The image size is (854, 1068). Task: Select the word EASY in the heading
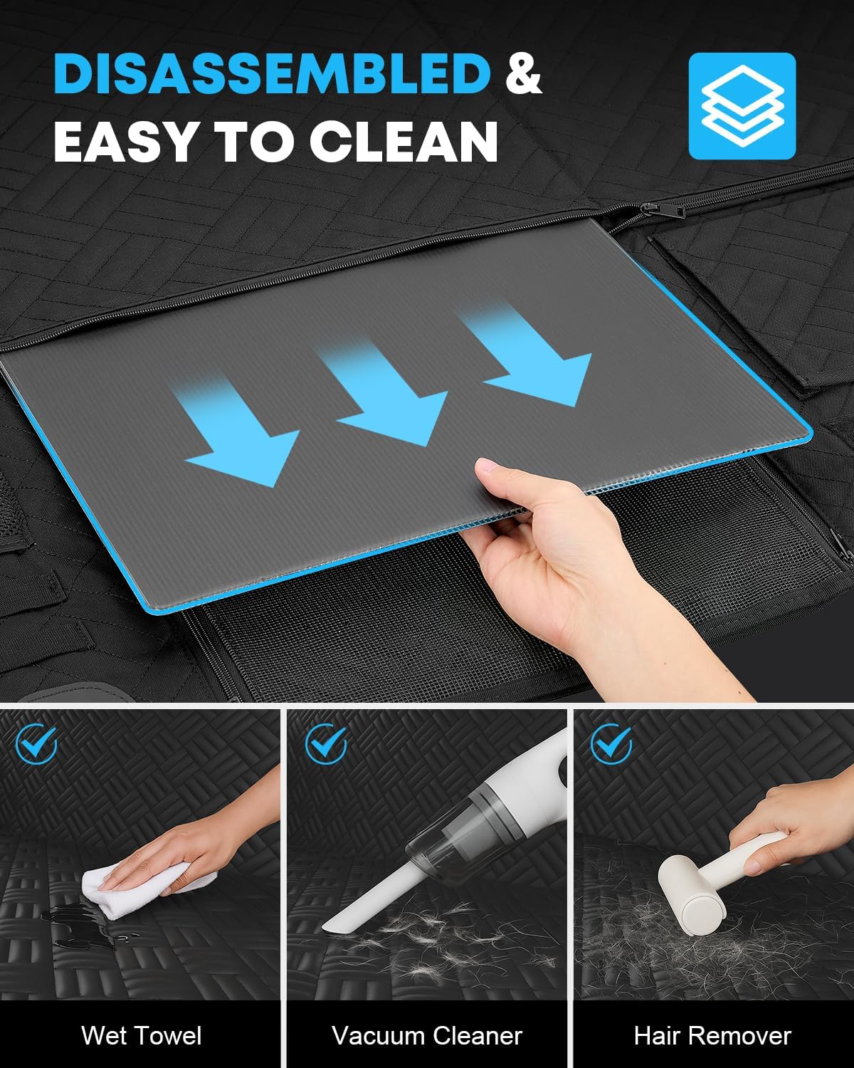pyautogui.click(x=124, y=142)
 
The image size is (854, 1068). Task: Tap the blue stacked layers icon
pyautogui.click(x=742, y=105)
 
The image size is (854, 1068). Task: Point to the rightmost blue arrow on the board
pyautogui.click(x=529, y=355)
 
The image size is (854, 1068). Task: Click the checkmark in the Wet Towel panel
pyautogui.click(x=37, y=744)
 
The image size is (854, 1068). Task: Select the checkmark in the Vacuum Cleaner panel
pyautogui.click(x=326, y=744)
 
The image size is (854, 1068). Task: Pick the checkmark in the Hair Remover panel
pyautogui.click(x=611, y=744)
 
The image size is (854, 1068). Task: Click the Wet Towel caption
pyautogui.click(x=142, y=1036)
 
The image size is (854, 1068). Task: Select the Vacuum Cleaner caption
pyautogui.click(x=427, y=1036)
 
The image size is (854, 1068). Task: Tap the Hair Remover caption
pyautogui.click(x=712, y=1036)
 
